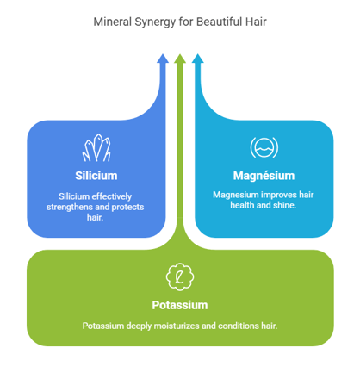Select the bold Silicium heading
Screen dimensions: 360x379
coord(96,176)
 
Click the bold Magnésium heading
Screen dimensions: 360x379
coord(264,176)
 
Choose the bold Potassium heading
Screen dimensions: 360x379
coord(180,305)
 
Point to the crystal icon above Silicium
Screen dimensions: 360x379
coord(96,147)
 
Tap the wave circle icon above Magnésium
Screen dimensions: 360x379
coord(264,147)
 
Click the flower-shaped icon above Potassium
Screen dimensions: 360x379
coord(180,276)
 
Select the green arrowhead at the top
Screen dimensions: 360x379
coord(180,59)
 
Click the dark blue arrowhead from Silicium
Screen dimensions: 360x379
coord(163,59)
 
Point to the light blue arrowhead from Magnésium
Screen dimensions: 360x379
coord(197,59)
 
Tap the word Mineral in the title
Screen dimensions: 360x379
coord(112,22)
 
